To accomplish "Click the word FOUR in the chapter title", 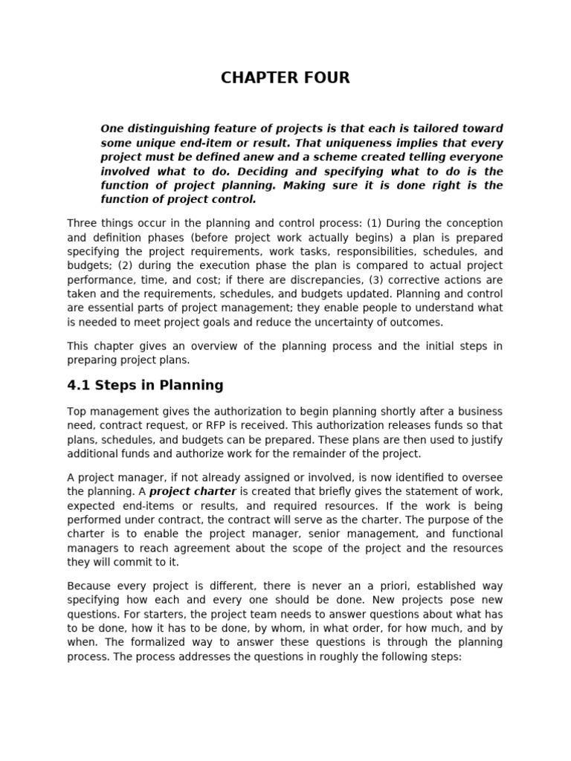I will [x=322, y=78].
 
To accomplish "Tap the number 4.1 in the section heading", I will [x=79, y=385].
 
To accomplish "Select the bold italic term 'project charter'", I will [x=193, y=492].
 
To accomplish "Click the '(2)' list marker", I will [x=117, y=266].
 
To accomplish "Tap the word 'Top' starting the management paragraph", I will [x=77, y=412].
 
